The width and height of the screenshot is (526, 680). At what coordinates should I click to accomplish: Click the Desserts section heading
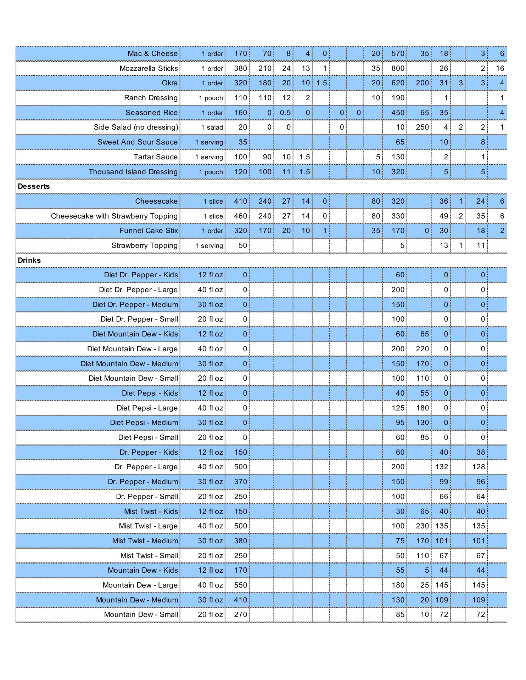(34, 186)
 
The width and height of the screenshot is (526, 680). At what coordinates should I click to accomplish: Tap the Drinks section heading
(29, 260)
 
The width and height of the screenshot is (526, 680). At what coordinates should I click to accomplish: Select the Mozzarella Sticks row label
(149, 68)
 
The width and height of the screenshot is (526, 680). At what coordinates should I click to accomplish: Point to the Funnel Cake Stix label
(148, 231)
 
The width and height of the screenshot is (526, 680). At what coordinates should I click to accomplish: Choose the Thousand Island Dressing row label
(133, 172)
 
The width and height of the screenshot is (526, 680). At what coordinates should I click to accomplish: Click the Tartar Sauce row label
(155, 157)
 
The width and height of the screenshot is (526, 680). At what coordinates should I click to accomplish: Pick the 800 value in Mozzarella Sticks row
(398, 68)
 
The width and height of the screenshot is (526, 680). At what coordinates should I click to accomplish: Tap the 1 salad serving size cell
(212, 127)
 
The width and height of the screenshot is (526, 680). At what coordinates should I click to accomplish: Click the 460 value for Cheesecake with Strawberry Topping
(240, 216)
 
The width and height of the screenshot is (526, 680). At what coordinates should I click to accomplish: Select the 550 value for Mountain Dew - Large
(240, 585)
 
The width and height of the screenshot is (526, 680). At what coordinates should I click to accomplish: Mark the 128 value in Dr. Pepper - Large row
(479, 467)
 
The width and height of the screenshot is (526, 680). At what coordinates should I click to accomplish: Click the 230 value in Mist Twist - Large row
(422, 526)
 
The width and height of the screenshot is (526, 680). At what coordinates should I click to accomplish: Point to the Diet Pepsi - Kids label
(150, 393)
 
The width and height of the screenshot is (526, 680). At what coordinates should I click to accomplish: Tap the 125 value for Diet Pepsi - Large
(398, 408)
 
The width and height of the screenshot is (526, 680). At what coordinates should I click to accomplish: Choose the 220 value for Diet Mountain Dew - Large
(422, 349)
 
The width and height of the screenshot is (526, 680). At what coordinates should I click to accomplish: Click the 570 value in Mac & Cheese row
(398, 53)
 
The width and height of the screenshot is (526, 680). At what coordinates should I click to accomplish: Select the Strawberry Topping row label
(144, 245)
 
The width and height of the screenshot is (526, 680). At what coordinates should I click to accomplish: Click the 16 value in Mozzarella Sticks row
(500, 68)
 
